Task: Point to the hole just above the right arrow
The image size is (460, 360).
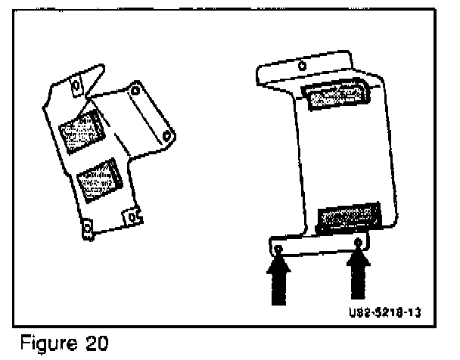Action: [x=359, y=243]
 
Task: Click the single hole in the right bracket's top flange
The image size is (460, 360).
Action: [x=303, y=66]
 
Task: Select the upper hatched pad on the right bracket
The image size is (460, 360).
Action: [x=332, y=96]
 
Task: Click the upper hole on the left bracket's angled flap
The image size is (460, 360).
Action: [x=136, y=92]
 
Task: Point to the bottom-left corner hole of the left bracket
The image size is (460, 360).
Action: [x=88, y=226]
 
